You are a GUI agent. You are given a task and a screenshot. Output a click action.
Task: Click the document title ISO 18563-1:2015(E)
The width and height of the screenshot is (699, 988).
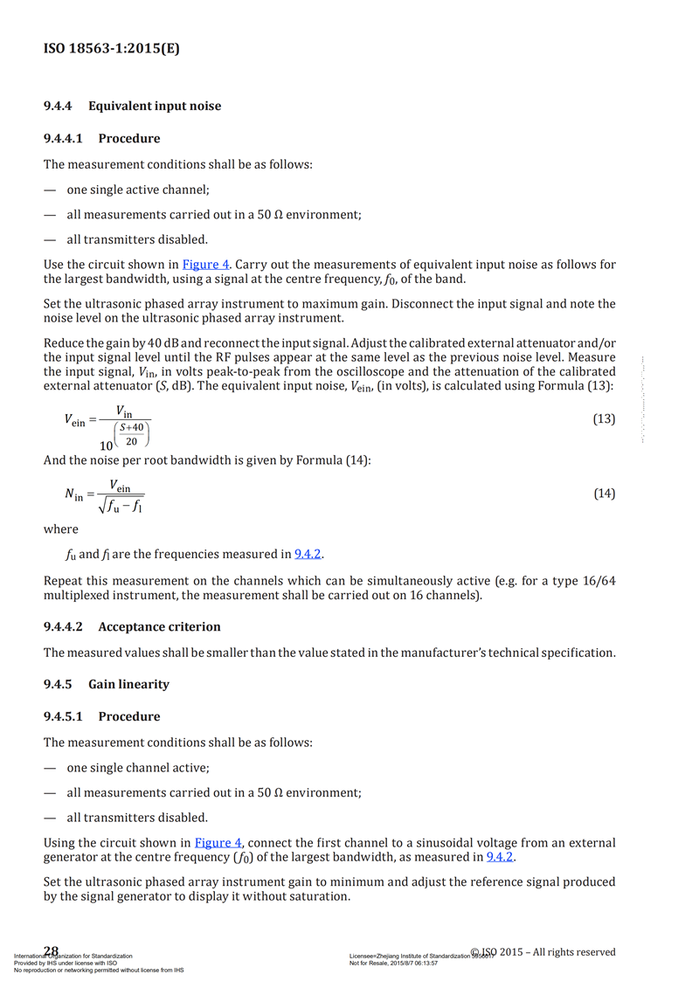coord(112,50)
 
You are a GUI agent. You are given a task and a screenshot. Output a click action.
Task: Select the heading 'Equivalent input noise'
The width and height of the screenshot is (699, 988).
coord(155,106)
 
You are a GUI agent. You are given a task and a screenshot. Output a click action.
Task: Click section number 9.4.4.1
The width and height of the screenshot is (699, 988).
coord(65,138)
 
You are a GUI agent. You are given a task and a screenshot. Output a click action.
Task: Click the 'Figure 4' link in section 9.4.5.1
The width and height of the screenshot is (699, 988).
coord(218,842)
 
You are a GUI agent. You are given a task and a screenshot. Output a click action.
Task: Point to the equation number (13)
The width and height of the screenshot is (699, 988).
coord(604,418)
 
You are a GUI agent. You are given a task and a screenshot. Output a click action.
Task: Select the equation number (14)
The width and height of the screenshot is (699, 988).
coord(604,494)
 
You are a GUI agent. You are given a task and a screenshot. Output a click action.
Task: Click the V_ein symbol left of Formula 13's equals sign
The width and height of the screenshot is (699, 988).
coord(75,419)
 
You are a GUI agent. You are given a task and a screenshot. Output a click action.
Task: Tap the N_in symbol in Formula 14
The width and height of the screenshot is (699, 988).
coord(74,494)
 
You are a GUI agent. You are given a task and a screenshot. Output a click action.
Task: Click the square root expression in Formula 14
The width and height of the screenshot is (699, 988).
coord(121,505)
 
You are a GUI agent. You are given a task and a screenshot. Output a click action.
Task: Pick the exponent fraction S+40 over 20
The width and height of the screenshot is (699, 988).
coord(131,433)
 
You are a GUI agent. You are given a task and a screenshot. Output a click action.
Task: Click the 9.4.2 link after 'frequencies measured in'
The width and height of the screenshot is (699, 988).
coord(308,554)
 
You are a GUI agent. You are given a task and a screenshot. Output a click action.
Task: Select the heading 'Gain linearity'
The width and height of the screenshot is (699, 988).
coord(128,684)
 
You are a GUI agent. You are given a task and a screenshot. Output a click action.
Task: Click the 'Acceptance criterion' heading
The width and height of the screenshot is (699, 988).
coord(159,626)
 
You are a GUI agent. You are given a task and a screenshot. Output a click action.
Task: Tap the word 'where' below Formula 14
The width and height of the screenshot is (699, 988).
coord(60,529)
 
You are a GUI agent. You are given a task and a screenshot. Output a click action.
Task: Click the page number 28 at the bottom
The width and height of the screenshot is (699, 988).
coord(51,950)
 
